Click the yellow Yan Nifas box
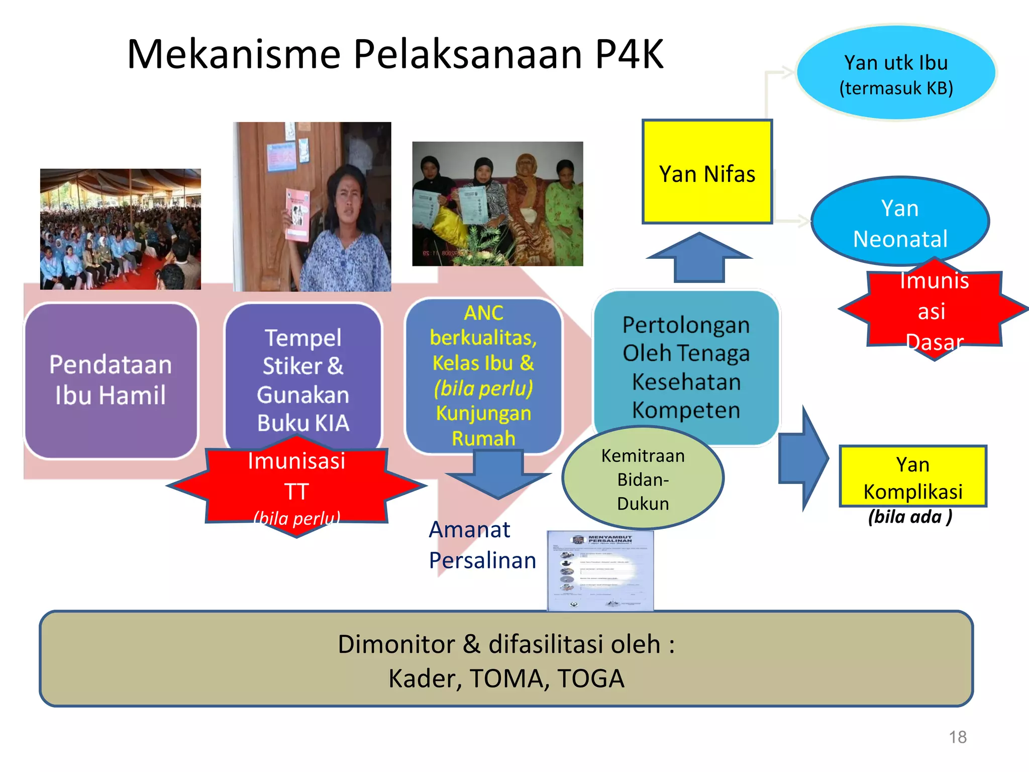coord(706,172)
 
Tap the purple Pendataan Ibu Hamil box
coord(111,380)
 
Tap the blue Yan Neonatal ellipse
coord(899,222)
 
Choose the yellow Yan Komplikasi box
coord(912,476)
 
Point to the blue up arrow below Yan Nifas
coord(699,258)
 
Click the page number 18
coord(957,737)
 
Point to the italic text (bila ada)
coord(910,517)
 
